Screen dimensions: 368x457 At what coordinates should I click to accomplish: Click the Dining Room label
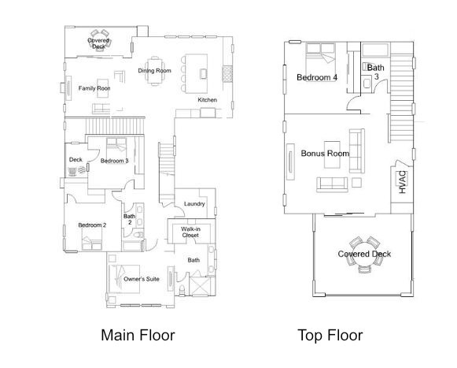point(154,71)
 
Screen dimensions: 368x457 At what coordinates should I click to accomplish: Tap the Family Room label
point(94,88)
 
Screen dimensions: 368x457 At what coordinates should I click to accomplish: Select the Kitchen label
point(207,100)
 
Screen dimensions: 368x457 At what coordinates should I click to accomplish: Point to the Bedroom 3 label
point(114,161)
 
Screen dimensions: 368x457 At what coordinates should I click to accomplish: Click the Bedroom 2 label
point(92,225)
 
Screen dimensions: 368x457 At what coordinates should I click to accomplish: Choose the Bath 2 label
point(128,219)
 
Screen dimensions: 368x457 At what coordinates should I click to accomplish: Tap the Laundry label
point(194,204)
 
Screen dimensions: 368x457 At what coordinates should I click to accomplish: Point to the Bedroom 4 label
point(317,77)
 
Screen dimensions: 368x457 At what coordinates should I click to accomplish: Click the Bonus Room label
point(325,153)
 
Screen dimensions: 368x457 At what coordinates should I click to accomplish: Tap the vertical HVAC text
point(402,182)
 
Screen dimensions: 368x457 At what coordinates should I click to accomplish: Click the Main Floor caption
point(138,335)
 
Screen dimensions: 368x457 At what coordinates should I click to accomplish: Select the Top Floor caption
point(330,335)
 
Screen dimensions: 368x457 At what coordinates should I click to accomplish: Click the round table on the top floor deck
point(364,254)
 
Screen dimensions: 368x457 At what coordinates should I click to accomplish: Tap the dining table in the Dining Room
point(154,58)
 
